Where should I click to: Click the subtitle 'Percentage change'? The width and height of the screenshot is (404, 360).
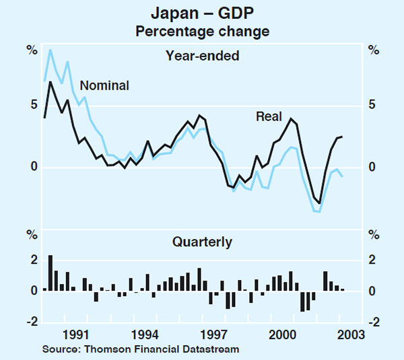click(202, 31)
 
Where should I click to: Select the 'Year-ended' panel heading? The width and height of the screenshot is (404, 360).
click(202, 57)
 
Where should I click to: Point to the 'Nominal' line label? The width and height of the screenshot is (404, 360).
click(104, 85)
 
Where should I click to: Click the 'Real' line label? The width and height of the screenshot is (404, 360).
click(269, 116)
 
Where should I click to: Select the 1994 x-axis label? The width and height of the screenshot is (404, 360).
click(144, 334)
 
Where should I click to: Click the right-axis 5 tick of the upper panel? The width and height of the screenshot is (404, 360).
click(372, 105)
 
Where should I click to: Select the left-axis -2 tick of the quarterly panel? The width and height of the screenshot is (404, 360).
click(31, 322)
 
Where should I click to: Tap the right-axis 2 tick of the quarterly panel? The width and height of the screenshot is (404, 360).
click(372, 260)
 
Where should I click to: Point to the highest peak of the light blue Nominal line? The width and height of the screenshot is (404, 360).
click(50, 50)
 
